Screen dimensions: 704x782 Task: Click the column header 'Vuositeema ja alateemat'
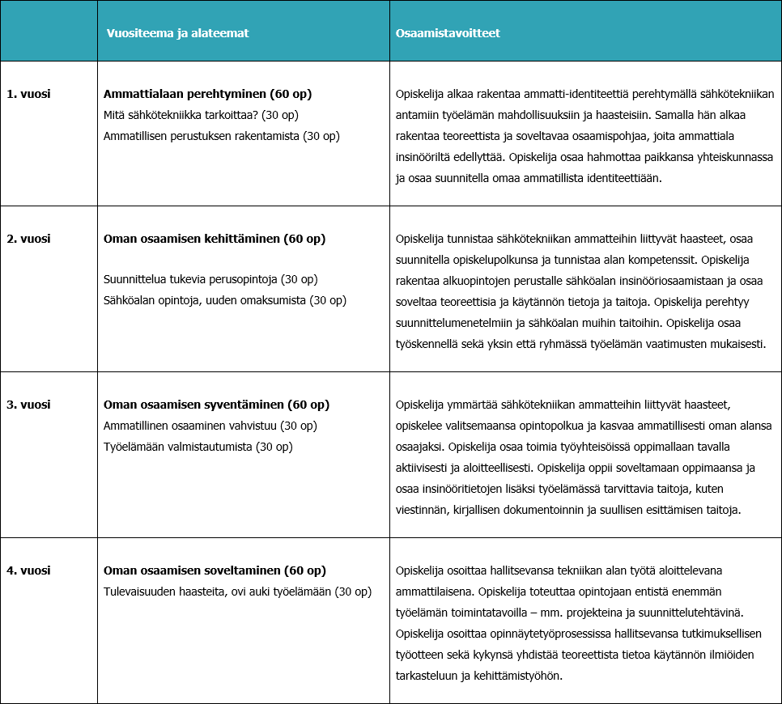coord(177,33)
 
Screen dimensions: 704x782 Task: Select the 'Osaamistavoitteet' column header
coord(448,33)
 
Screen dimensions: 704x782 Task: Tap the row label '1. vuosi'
coord(28,94)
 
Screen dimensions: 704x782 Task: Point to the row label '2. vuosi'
coord(28,239)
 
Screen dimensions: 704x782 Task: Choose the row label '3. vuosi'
coord(28,405)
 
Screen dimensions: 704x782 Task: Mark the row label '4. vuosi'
coord(28,570)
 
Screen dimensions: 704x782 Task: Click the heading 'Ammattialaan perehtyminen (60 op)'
coord(208,94)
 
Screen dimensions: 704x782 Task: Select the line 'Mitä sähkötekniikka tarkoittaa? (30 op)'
coord(202,115)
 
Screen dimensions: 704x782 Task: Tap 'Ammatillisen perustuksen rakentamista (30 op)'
coord(222,135)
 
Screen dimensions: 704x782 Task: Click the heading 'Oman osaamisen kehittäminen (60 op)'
coord(215,239)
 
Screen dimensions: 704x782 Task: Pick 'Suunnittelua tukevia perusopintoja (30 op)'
coord(210,279)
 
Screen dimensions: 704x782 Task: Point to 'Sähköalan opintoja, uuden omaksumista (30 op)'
coord(225,300)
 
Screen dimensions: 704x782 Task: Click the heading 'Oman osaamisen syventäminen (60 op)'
coord(216,405)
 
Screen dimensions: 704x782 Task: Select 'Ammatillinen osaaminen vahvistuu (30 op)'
coord(210,425)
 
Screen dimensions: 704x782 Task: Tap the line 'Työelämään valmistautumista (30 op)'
coord(198,446)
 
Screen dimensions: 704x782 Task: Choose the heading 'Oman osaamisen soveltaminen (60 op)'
coord(215,570)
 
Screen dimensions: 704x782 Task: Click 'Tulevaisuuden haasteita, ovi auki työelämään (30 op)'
coord(237,592)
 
